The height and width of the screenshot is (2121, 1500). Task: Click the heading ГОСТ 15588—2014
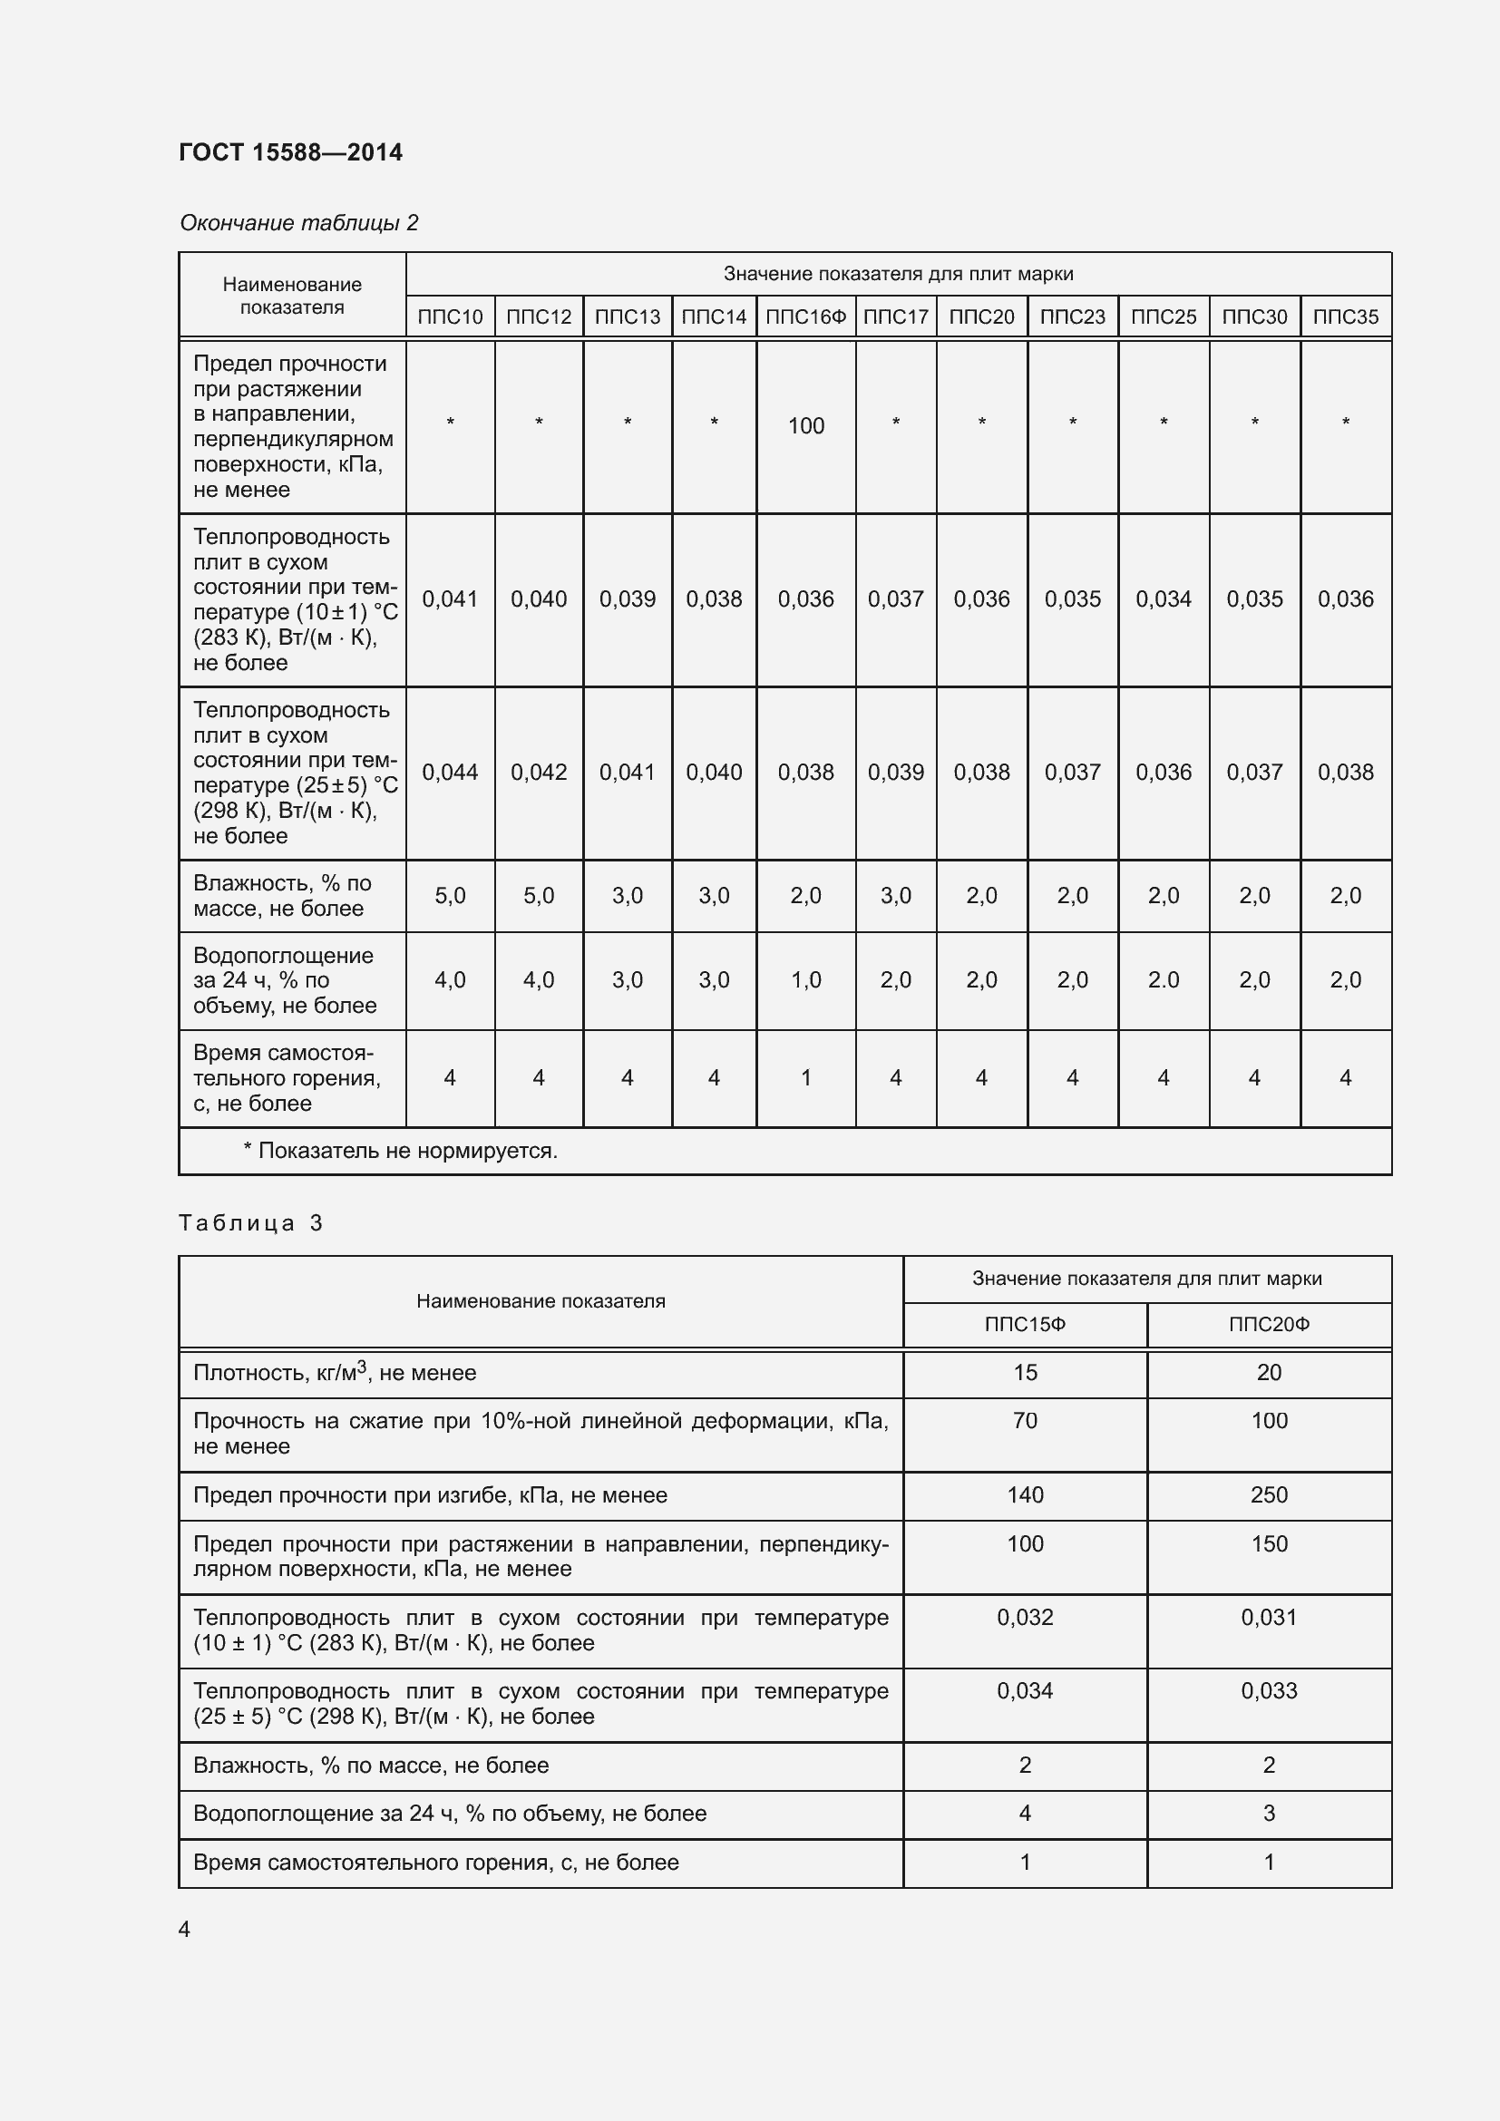290,152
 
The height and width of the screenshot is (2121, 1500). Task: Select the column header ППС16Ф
805,316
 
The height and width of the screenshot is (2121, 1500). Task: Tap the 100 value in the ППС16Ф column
805,426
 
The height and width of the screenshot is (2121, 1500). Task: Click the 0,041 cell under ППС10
450,599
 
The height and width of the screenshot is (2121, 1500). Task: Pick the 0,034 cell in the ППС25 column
1163,599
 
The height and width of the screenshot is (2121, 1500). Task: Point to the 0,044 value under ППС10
450,773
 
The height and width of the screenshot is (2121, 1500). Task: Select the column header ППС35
1345,316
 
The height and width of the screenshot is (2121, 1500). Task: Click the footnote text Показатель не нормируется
400,1151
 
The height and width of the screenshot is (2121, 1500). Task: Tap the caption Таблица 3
249,1223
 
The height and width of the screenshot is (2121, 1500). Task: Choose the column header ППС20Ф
1268,1325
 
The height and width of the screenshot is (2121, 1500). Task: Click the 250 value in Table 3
1268,1494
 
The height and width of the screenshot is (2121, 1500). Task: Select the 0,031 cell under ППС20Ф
1268,1618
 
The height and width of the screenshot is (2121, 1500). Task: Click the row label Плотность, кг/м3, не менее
335,1373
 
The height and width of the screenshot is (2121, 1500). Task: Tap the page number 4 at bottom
184,1929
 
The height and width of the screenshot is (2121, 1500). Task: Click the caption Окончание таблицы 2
298,223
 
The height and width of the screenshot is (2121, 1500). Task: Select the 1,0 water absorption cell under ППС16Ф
805,980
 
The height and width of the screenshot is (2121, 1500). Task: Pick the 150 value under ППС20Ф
1268,1543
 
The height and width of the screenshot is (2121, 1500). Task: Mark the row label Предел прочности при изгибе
430,1494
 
